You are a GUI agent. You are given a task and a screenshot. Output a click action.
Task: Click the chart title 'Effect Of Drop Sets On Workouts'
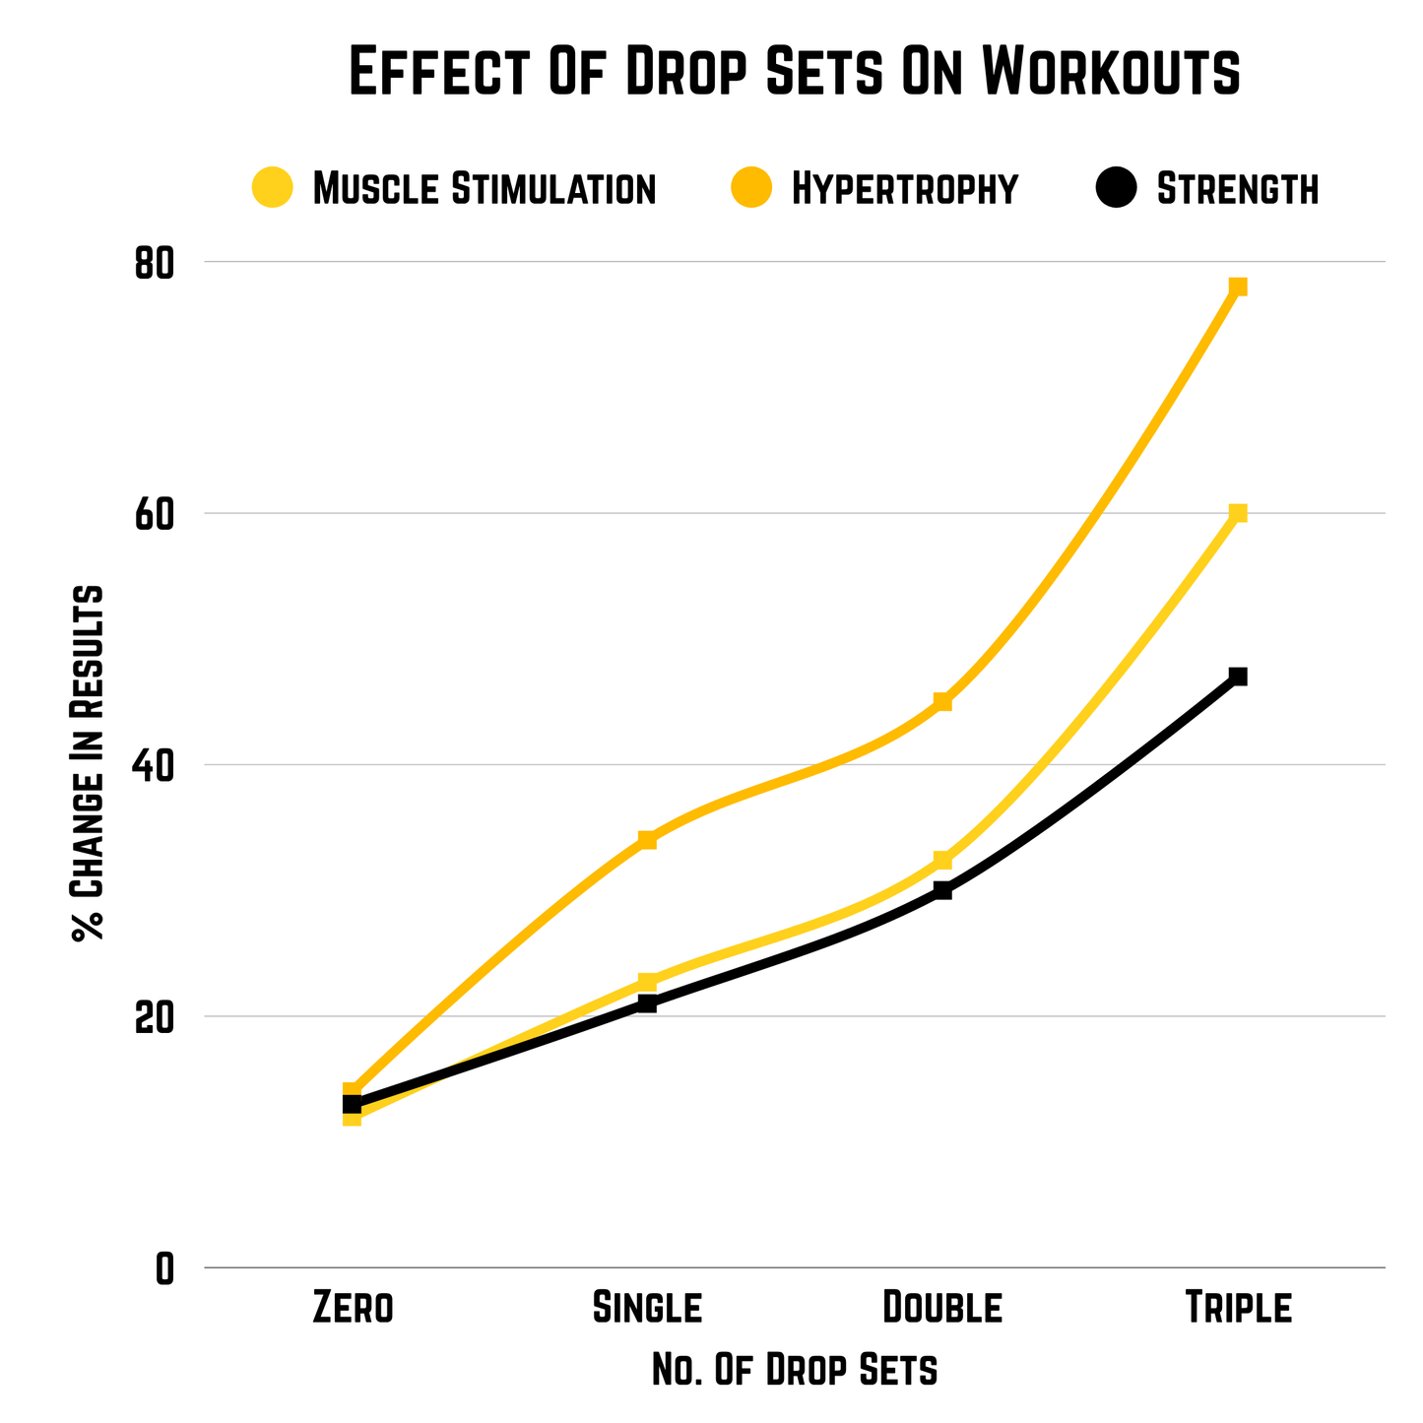pos(795,71)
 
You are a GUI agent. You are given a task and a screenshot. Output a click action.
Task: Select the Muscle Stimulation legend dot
pos(273,186)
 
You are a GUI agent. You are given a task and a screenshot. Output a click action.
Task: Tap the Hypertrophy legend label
pos(904,187)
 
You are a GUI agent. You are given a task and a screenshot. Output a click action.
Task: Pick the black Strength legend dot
pos(1118,186)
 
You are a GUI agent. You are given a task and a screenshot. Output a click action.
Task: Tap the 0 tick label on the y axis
pos(163,1268)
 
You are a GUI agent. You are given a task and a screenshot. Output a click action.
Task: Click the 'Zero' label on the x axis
pos(353,1308)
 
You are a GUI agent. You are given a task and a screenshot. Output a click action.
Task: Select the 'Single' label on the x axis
pos(647,1308)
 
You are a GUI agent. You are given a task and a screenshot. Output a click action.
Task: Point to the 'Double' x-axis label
pos(942,1308)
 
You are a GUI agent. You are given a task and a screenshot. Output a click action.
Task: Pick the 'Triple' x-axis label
pos(1238,1308)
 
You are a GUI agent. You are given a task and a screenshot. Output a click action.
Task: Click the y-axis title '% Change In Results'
pos(88,763)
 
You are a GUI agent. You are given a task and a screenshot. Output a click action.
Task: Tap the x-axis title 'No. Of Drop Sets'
pos(795,1370)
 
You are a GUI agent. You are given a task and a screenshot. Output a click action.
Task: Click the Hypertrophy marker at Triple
pos(1238,287)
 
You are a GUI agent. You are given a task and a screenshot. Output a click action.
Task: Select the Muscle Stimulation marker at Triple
pos(1238,513)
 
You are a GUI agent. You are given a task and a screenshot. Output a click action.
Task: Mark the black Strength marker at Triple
pos(1238,677)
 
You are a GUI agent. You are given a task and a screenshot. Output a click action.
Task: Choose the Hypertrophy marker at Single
pos(647,840)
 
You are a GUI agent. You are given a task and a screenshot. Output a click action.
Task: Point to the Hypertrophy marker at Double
pos(942,701)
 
